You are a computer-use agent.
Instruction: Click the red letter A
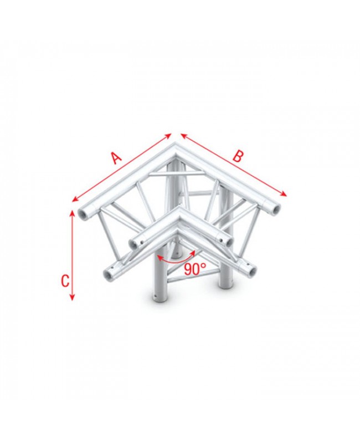115,158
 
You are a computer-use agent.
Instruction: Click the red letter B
238,156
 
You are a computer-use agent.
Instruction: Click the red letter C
65,280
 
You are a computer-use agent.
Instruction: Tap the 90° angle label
196,269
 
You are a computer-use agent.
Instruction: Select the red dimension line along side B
234,165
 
